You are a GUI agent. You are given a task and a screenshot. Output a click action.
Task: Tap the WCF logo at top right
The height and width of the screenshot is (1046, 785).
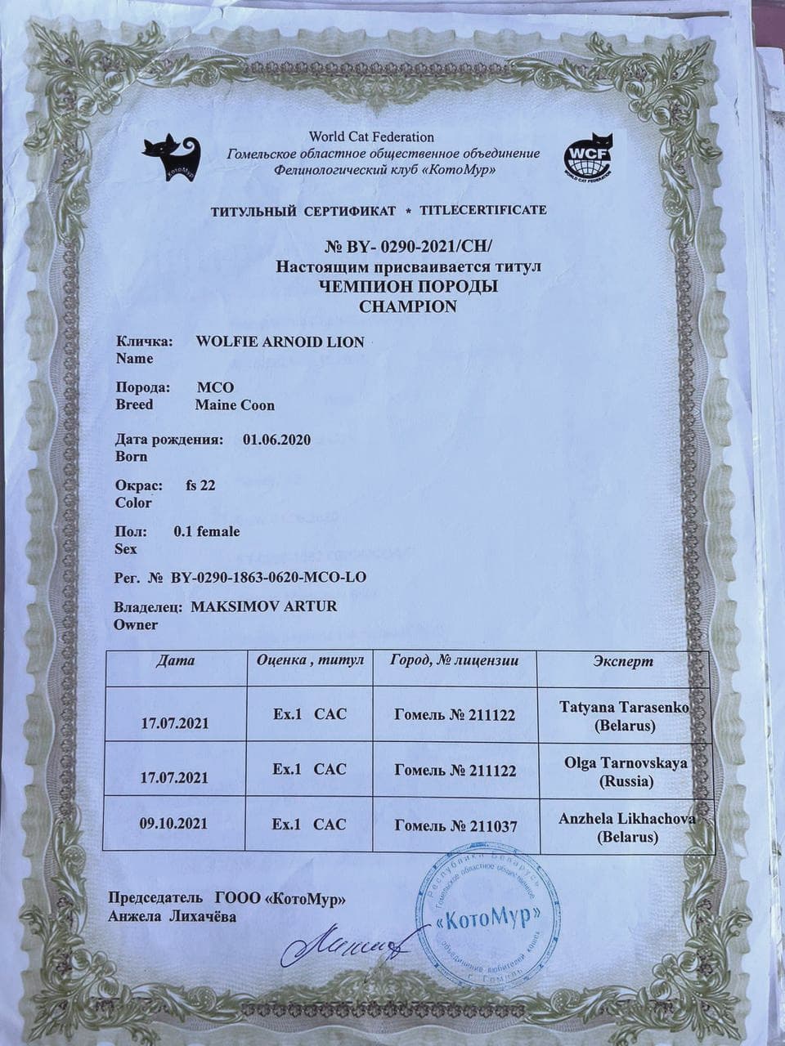(589, 157)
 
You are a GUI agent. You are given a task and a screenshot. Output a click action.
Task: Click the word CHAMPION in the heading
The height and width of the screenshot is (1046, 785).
(408, 306)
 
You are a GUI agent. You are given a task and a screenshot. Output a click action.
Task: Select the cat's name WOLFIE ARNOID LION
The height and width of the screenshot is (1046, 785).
(280, 342)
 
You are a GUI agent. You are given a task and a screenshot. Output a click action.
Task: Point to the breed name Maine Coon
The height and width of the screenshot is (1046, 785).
(235, 405)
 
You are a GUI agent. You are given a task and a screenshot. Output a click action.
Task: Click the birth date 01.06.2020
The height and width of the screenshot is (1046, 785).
(277, 440)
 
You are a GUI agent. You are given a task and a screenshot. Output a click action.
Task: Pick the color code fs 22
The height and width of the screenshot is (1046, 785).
(200, 485)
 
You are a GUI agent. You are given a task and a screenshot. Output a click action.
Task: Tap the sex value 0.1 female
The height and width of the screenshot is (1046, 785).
(207, 531)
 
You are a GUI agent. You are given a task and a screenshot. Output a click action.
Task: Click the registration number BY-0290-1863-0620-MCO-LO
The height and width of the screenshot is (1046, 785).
(268, 577)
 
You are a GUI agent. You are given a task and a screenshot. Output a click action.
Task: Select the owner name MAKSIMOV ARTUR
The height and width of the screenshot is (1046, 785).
(263, 607)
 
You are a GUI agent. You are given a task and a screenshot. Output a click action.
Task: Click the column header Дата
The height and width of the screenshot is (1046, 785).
(175, 660)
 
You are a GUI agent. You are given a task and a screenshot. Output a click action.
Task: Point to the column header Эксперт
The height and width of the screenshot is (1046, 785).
(623, 660)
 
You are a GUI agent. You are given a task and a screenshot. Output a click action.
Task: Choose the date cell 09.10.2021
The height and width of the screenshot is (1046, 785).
(174, 824)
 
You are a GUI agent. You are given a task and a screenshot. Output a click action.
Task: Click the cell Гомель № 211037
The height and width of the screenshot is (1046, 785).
(455, 826)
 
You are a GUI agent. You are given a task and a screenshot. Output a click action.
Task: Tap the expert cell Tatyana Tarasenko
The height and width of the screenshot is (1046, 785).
(623, 715)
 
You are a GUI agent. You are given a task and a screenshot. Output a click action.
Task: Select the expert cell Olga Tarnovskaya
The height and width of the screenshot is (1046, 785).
(626, 771)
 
